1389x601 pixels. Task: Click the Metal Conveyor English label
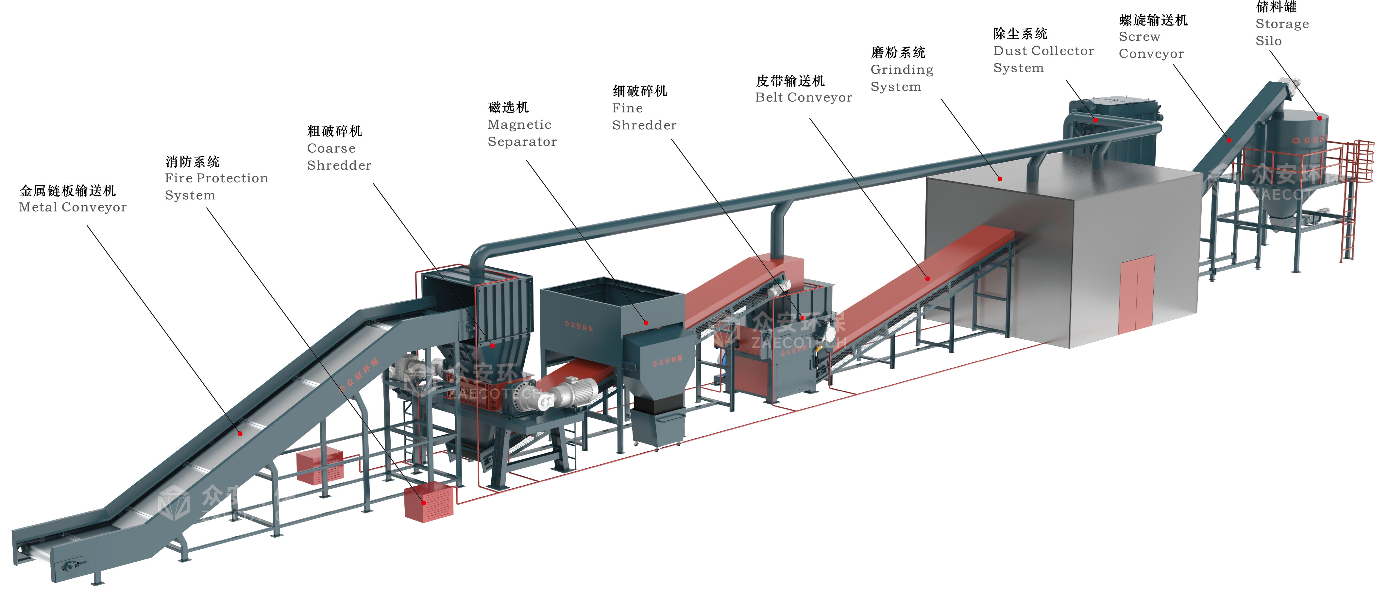(x=73, y=208)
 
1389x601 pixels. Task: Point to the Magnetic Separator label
(x=522, y=133)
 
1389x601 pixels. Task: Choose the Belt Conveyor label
(x=804, y=98)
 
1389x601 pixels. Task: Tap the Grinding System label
(x=902, y=78)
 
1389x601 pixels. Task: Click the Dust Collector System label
(x=1043, y=59)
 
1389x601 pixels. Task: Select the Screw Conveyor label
(x=1151, y=45)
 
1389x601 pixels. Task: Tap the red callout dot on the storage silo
(x=1319, y=118)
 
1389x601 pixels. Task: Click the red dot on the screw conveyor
(x=1229, y=141)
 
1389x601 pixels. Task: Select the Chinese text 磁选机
(x=508, y=107)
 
